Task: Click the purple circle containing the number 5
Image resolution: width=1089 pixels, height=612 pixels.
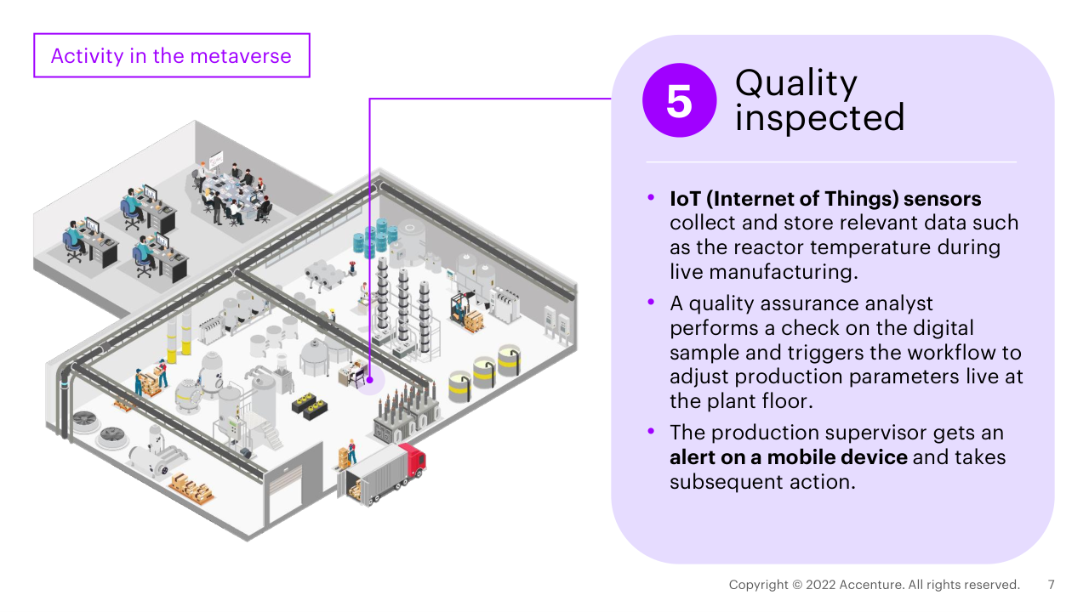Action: (x=679, y=100)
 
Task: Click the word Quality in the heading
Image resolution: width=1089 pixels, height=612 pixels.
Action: (x=796, y=82)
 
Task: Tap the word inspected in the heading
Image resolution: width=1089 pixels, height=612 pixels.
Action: (x=819, y=118)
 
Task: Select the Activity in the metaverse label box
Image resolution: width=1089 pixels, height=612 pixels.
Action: (x=172, y=56)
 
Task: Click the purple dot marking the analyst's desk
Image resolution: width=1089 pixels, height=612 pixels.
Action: (x=370, y=381)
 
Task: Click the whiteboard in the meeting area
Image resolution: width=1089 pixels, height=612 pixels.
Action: (x=216, y=158)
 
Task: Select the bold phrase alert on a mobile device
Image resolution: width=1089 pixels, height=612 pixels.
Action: (x=789, y=457)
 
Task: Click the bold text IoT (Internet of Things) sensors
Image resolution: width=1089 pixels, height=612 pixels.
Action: (x=825, y=199)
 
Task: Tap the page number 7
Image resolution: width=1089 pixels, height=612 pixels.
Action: (x=1052, y=585)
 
